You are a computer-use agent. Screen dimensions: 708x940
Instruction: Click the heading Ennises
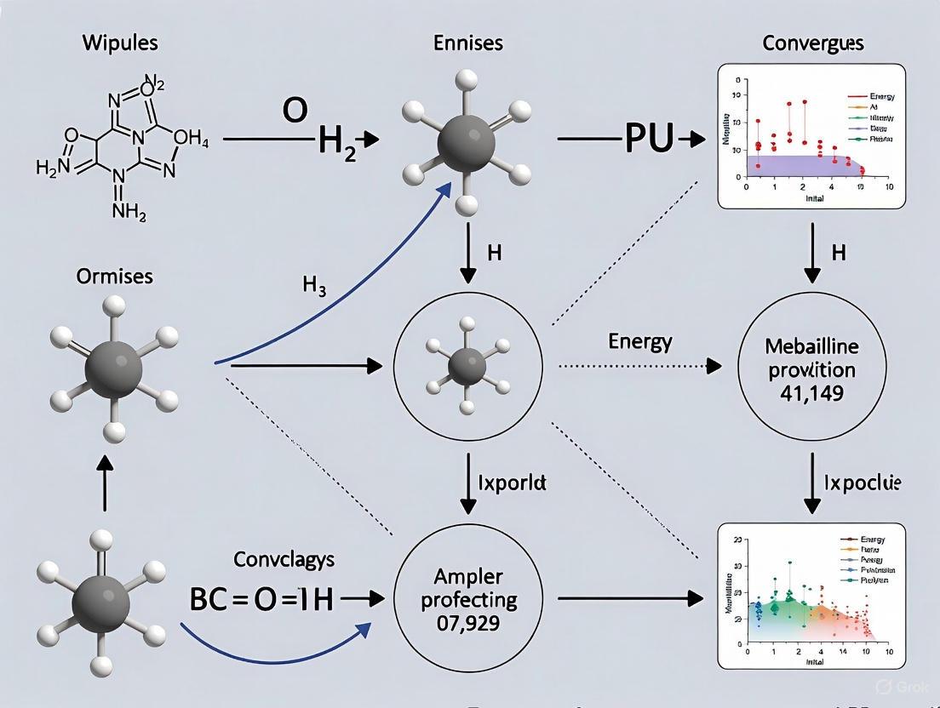(467, 43)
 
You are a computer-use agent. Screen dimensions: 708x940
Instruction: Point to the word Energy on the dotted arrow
(640, 342)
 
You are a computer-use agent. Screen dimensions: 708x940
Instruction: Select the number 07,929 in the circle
(473, 621)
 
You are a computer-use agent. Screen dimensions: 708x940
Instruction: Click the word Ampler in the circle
(474, 575)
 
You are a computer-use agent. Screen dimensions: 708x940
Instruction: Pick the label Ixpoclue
(862, 482)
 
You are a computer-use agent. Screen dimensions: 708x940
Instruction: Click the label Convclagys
(284, 559)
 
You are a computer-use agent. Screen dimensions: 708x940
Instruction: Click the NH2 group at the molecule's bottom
(129, 211)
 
